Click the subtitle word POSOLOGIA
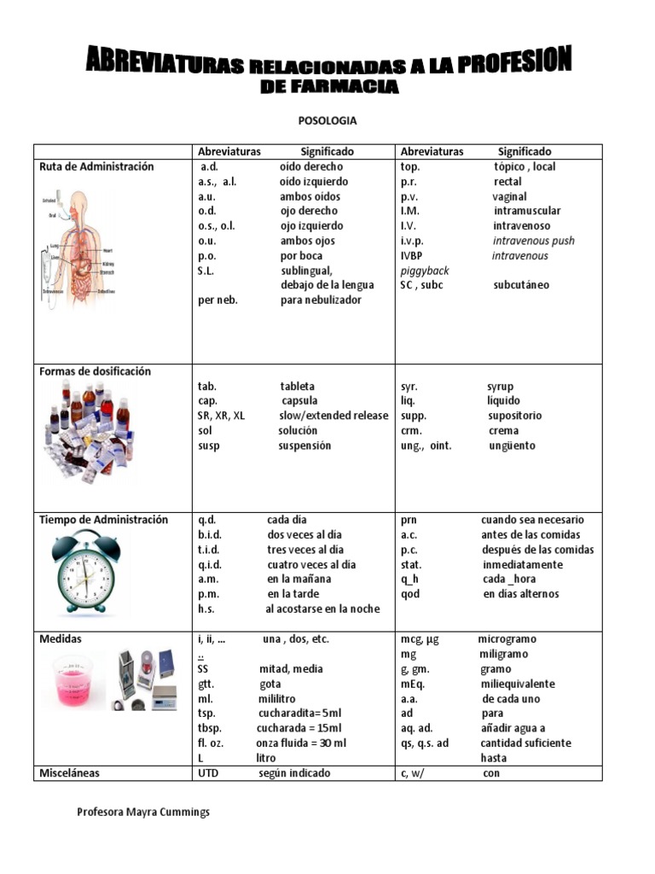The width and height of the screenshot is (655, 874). click(327, 121)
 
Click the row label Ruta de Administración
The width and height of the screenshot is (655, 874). click(96, 166)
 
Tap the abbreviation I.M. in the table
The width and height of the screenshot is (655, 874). click(410, 211)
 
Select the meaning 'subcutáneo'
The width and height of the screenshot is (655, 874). click(521, 285)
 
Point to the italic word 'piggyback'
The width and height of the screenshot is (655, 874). click(425, 271)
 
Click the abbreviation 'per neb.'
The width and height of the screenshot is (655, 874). click(217, 300)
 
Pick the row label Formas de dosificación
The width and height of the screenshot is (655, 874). click(95, 371)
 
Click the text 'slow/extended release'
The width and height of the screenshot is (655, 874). click(333, 416)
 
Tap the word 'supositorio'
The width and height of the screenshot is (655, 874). click(515, 416)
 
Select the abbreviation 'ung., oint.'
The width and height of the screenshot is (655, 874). click(426, 446)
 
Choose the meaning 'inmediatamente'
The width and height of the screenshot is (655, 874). click(523, 564)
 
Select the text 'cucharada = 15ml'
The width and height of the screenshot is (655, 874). click(299, 728)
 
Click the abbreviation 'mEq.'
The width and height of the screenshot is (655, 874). click(413, 684)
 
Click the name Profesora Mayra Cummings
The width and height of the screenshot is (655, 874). click(143, 813)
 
